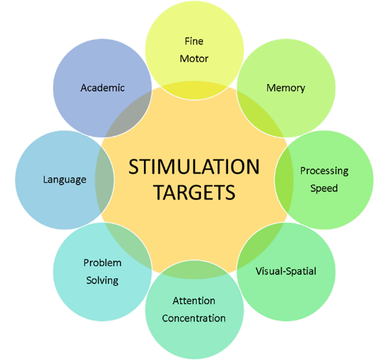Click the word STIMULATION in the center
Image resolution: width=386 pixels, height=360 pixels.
point(193,166)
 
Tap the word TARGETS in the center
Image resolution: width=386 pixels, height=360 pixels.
point(194,192)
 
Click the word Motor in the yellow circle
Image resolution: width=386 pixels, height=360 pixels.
point(194,58)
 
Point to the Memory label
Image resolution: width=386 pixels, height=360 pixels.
point(286,88)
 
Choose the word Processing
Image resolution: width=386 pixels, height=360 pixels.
point(324,171)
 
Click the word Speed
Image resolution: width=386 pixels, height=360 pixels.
point(324,188)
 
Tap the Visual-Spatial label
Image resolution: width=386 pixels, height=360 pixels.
point(286,271)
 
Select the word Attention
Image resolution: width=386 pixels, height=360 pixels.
point(194,301)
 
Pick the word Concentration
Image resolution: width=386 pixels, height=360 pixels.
point(194,318)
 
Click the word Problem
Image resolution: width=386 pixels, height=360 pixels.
point(102,263)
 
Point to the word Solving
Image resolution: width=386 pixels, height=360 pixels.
point(102,280)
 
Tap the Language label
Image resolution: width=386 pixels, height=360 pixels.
point(64,179)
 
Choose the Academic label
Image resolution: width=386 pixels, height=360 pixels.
point(103,87)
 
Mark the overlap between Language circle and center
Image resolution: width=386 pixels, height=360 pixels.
point(104,179)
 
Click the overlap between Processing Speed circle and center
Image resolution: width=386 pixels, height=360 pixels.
point(283,179)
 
